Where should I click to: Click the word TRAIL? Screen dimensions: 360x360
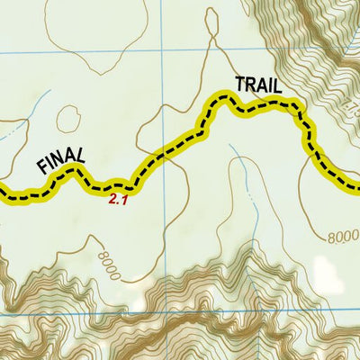[x=258, y=85]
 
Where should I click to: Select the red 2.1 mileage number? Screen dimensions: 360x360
[x=119, y=200]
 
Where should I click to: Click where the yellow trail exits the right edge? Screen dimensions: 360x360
[x=357, y=188]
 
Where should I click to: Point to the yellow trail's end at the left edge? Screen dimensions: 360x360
[x=3, y=192]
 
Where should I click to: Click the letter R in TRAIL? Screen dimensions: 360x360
[x=251, y=85]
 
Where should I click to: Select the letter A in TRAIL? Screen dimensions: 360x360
[x=262, y=85]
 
